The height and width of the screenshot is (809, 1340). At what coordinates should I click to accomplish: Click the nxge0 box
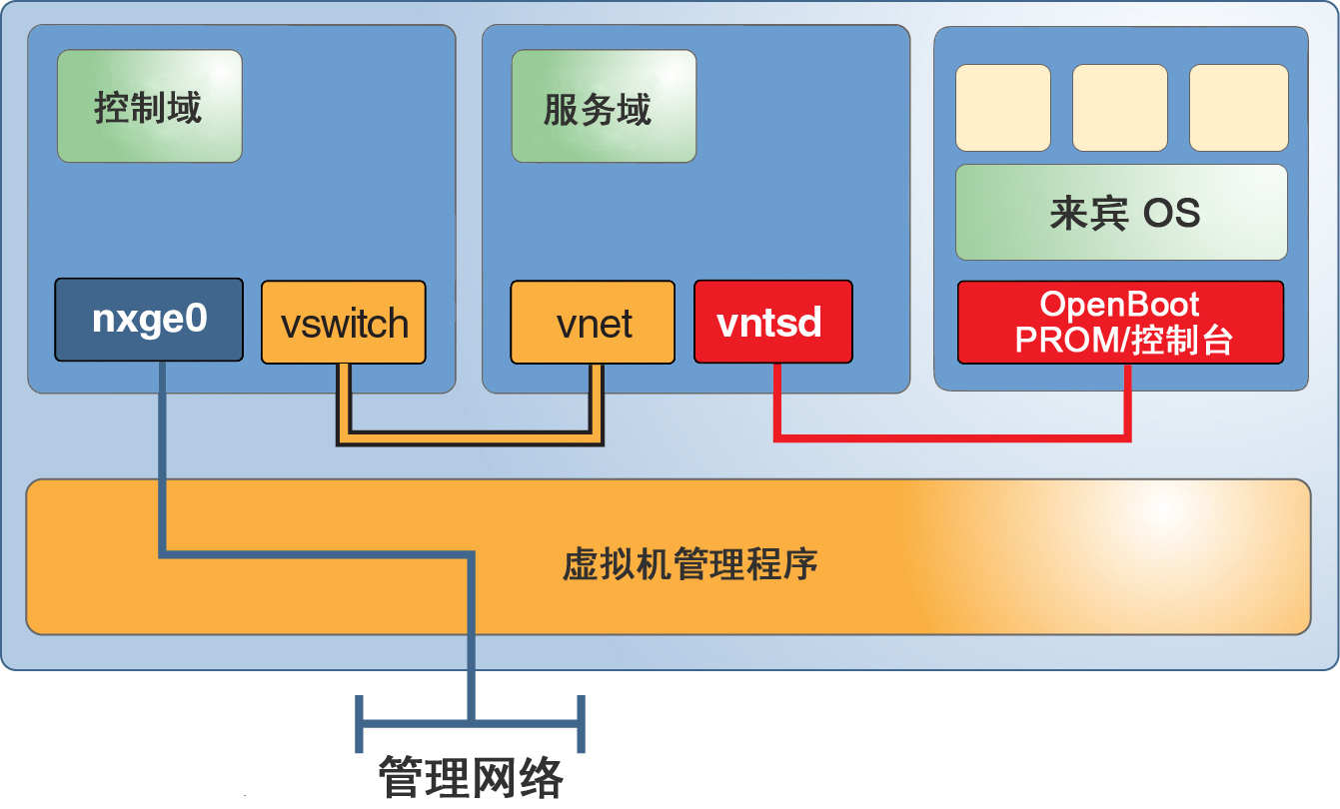(x=149, y=320)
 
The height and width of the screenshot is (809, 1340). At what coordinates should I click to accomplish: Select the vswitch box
(x=344, y=323)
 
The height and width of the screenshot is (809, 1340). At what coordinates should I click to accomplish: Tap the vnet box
(x=593, y=323)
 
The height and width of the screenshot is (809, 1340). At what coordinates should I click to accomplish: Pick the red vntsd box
(x=772, y=322)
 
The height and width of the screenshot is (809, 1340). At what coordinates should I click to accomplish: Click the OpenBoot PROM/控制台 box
(x=1120, y=322)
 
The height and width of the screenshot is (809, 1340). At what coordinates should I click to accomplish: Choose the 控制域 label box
(x=149, y=106)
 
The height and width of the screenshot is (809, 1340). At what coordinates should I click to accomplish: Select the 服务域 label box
(x=604, y=106)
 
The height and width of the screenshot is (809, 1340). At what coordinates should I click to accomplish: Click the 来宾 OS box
(x=1121, y=213)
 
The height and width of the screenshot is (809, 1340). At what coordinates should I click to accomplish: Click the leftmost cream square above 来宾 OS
(x=1002, y=108)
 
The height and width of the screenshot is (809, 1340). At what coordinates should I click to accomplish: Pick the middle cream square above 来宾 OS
(x=1119, y=108)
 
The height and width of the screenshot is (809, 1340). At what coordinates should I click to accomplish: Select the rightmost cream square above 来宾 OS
(x=1238, y=108)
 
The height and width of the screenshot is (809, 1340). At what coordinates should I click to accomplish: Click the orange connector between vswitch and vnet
(x=470, y=436)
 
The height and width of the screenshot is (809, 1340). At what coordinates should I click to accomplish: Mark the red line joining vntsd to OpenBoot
(x=949, y=435)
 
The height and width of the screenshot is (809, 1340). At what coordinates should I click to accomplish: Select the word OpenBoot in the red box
(x=1119, y=305)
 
